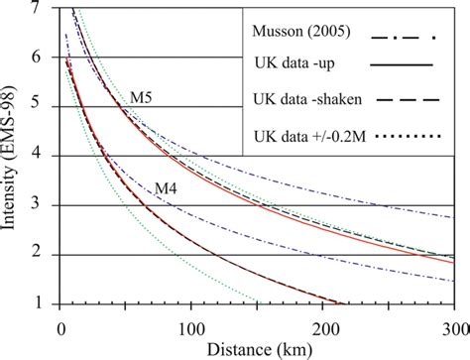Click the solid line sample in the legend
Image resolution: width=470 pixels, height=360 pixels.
click(405, 65)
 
